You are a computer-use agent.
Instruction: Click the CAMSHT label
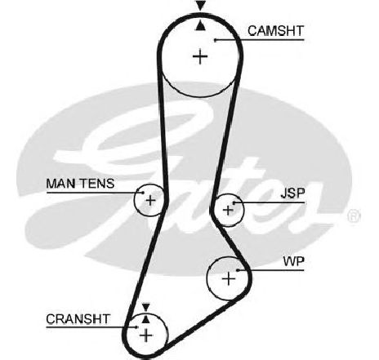pyautogui.click(x=275, y=31)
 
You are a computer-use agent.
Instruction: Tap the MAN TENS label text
pyautogui.click(x=80, y=184)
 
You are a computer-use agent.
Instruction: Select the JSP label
pyautogui.click(x=293, y=193)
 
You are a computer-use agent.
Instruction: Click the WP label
pyautogui.click(x=293, y=261)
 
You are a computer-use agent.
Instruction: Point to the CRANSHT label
pyautogui.click(x=78, y=319)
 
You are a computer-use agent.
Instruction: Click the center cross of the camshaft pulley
pyautogui.click(x=200, y=56)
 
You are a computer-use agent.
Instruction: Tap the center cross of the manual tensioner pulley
pyautogui.click(x=150, y=201)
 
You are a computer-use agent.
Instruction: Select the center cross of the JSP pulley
pyautogui.click(x=228, y=210)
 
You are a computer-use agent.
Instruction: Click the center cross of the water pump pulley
pyautogui.click(x=229, y=278)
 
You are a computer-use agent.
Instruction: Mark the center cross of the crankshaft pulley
pyautogui.click(x=146, y=335)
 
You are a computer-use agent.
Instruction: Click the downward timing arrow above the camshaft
pyautogui.click(x=201, y=6)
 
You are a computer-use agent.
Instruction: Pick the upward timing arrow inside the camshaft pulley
pyautogui.click(x=201, y=25)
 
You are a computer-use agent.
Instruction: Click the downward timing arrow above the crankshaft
pyautogui.click(x=146, y=307)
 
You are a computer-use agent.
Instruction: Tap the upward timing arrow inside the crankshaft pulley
pyautogui.click(x=146, y=319)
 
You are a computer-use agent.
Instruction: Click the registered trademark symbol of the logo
pyautogui.click(x=354, y=216)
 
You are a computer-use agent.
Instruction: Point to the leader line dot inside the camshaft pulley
pyautogui.click(x=215, y=40)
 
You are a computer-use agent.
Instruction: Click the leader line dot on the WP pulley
pyautogui.click(x=238, y=270)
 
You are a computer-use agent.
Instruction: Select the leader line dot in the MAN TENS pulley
pyautogui.click(x=143, y=193)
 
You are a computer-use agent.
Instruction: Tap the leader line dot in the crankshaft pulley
pyautogui.click(x=137, y=327)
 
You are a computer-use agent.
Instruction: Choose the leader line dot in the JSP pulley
pyautogui.click(x=234, y=202)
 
